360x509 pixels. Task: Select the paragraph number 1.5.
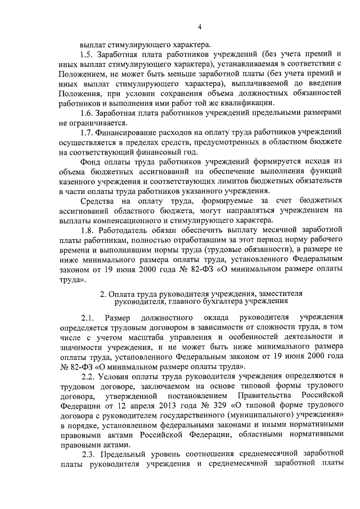[88, 55]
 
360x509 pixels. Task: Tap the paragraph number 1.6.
[88, 112]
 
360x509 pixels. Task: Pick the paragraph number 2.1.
[88, 317]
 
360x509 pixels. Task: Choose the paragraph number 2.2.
[88, 375]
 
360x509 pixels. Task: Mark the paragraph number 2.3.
[88, 453]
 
